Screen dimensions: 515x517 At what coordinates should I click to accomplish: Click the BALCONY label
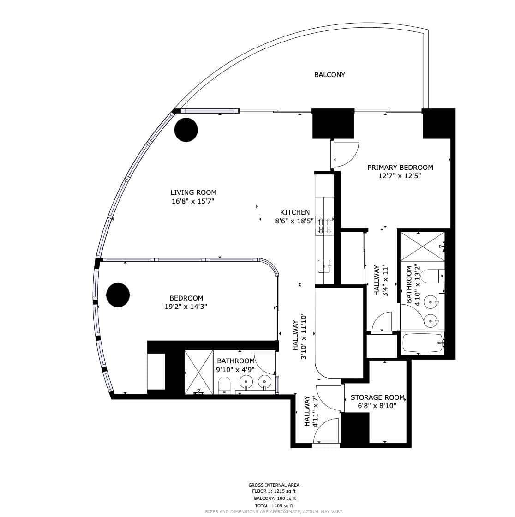[329, 75]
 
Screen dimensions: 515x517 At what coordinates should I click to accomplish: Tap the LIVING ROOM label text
[193, 192]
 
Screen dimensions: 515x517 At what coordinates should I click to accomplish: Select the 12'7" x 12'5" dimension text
[400, 176]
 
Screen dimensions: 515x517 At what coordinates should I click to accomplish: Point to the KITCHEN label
[295, 212]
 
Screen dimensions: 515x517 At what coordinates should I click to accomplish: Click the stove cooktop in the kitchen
[325, 226]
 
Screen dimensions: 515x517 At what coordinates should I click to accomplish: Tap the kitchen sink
[324, 266]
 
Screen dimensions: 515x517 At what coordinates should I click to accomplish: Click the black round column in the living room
[186, 130]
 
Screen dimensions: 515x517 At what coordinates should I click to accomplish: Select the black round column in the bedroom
[118, 295]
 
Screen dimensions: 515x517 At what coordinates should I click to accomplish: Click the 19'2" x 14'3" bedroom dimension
[186, 307]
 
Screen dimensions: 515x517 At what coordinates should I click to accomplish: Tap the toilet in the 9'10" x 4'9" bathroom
[224, 385]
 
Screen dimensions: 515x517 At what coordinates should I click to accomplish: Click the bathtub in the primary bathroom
[422, 343]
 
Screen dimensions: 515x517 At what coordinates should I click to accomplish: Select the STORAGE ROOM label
[377, 397]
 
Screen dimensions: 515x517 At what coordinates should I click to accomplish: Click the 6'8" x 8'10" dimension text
[377, 406]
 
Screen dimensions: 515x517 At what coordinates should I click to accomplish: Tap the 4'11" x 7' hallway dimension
[316, 411]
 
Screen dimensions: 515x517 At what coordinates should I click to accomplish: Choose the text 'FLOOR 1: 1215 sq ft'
[274, 491]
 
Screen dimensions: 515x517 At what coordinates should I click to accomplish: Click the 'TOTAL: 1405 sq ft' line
[274, 506]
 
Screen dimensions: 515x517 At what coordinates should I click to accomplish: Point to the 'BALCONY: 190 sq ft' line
[275, 499]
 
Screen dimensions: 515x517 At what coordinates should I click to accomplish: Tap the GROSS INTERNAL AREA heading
[274, 485]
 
